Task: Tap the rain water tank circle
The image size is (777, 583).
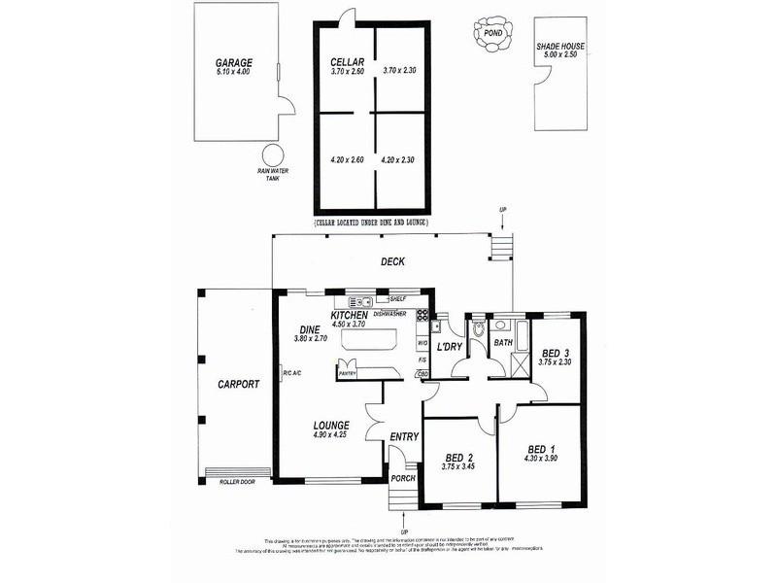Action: tap(272, 154)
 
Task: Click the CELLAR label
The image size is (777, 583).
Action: tap(347, 61)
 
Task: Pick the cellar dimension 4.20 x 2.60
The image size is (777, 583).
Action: tap(347, 159)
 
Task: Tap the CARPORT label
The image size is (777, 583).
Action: tap(238, 384)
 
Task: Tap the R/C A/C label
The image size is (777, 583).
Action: tap(290, 374)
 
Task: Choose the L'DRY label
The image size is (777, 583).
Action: tap(449, 347)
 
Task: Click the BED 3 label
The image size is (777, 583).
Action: tap(556, 352)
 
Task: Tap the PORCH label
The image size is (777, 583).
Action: tap(402, 479)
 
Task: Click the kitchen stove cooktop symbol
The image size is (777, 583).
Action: tap(422, 314)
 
